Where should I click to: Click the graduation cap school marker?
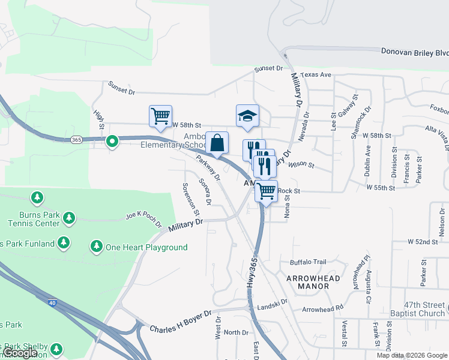tap(247, 116)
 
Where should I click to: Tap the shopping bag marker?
tap(217, 143)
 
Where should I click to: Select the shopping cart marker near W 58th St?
tap(160, 116)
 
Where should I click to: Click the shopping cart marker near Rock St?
tap(266, 192)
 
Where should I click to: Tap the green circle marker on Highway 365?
tap(112, 142)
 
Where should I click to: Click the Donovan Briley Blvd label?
tap(415, 52)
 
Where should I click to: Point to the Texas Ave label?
tap(316, 75)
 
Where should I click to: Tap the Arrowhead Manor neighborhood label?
tap(313, 283)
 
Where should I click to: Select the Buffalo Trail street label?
tap(307, 262)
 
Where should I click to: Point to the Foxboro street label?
tap(439, 110)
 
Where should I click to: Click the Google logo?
tap(19, 353)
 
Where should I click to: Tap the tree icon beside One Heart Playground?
tap(96, 246)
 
